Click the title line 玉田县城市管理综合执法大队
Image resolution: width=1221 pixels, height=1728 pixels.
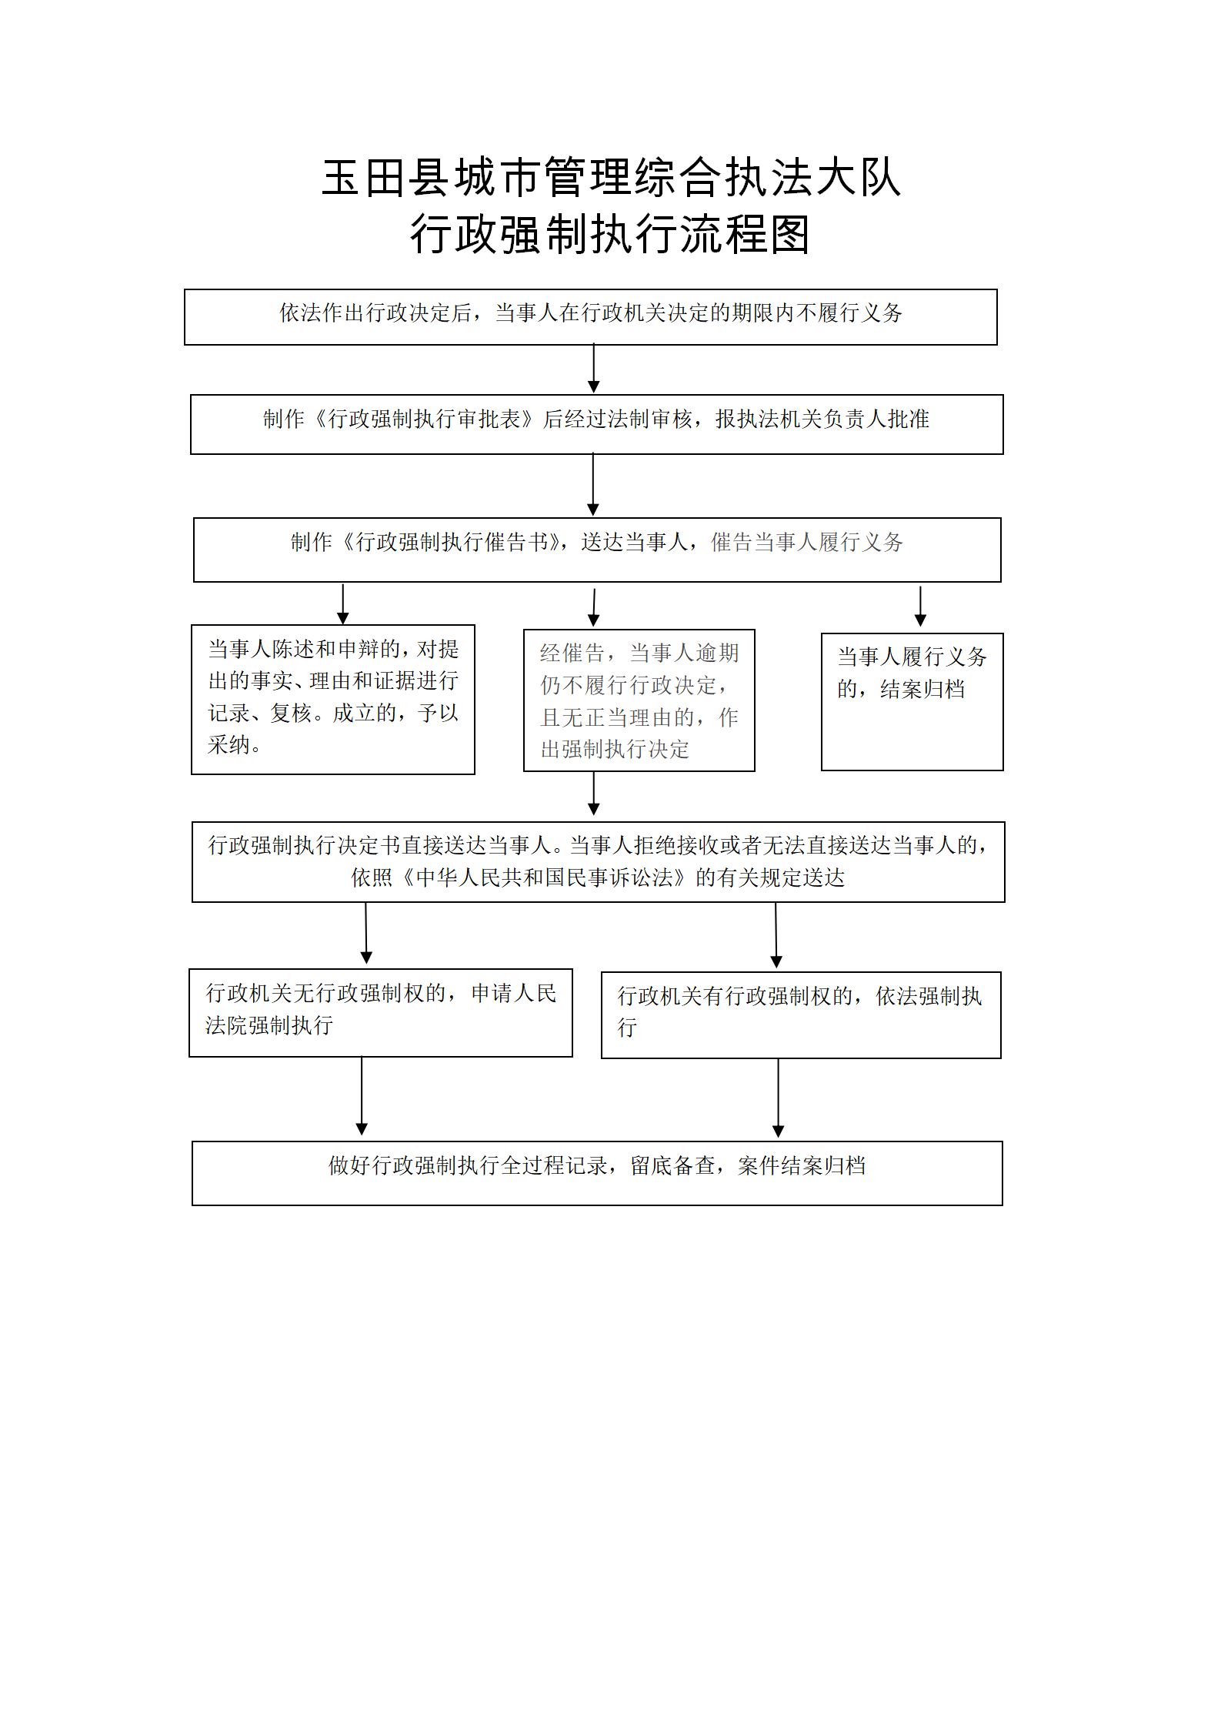click(x=611, y=178)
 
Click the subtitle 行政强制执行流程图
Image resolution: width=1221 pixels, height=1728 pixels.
click(x=610, y=234)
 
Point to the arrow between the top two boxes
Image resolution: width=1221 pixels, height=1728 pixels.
click(x=593, y=369)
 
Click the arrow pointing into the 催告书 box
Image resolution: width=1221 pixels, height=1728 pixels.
click(x=593, y=485)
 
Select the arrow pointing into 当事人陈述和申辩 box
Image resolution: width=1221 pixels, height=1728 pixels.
click(x=343, y=604)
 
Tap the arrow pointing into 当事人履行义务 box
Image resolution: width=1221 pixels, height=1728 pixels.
click(x=920, y=607)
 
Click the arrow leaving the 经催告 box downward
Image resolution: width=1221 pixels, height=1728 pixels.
click(x=594, y=794)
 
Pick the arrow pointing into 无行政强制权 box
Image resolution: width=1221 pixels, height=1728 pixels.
click(x=366, y=934)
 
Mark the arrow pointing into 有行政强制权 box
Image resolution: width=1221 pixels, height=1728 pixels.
click(x=776, y=935)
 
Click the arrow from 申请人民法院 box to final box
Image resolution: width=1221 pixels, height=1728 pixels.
click(x=362, y=1096)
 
